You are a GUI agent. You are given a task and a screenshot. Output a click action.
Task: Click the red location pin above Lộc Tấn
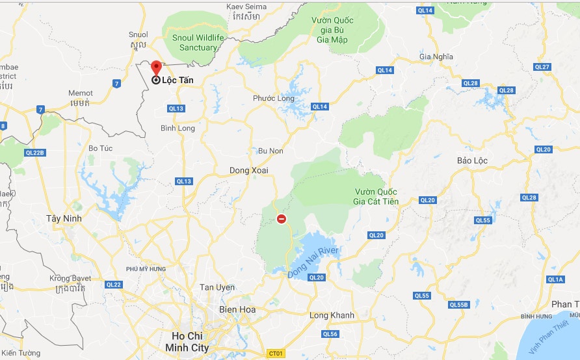[156, 67]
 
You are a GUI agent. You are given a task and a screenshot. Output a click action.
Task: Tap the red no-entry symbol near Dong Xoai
[282, 219]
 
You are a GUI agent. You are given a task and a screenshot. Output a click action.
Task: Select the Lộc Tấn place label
[178, 80]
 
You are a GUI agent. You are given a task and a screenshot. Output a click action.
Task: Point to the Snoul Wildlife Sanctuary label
[198, 42]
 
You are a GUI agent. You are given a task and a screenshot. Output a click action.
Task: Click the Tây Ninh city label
[64, 218]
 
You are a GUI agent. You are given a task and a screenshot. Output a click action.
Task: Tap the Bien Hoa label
[237, 309]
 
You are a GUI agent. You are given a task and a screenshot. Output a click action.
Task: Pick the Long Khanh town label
[332, 315]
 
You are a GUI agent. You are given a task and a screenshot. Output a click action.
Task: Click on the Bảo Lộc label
[472, 160]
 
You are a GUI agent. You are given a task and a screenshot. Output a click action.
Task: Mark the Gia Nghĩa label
[436, 57]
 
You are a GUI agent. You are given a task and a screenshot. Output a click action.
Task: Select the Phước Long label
[274, 99]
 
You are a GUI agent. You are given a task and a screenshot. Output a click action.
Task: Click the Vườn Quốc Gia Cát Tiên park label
[376, 196]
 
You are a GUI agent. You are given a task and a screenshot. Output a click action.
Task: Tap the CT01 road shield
[276, 353]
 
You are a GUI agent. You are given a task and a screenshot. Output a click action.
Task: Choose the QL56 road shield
[330, 334]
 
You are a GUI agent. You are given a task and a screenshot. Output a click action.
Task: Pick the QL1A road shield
[555, 279]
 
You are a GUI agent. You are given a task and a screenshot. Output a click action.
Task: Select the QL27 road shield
[542, 67]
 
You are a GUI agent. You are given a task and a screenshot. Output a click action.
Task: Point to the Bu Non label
[271, 151]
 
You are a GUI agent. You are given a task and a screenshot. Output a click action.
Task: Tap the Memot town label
[81, 93]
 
